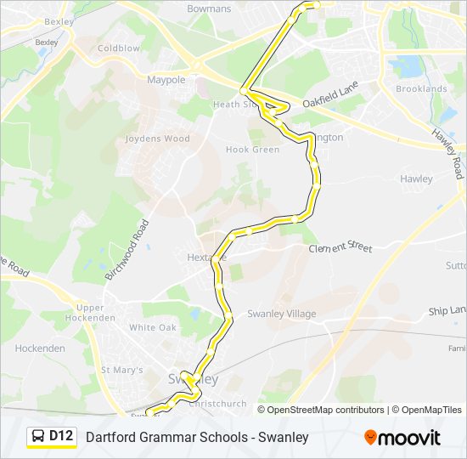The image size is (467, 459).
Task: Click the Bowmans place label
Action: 208,8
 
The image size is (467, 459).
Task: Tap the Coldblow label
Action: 118,48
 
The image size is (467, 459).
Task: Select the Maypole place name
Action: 166,80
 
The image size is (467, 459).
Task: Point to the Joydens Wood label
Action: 157,139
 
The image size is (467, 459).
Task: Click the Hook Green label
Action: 252,150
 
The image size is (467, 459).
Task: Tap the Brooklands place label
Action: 421,88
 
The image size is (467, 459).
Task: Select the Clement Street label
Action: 340,247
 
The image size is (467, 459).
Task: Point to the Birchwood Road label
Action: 127,250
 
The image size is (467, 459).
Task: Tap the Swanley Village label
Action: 281,314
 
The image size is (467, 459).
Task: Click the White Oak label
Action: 153,327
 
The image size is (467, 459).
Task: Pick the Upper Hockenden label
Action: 96,312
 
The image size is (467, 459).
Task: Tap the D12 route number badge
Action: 61,436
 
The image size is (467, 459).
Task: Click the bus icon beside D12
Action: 39,436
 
